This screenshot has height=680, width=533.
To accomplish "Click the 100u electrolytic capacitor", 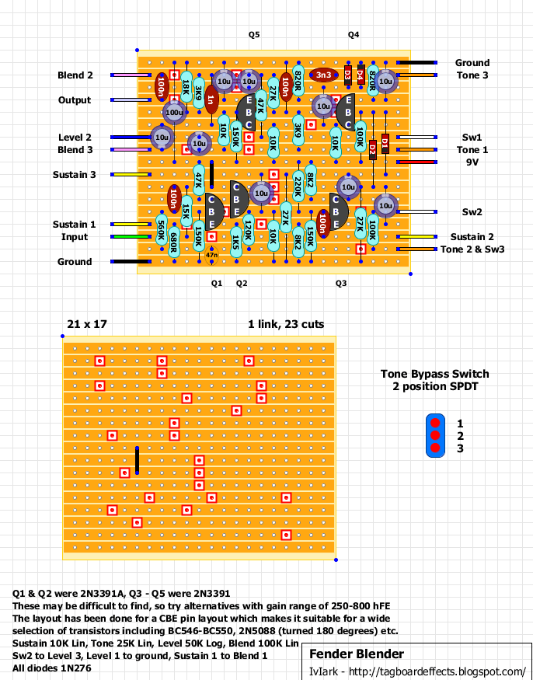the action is coord(174,113).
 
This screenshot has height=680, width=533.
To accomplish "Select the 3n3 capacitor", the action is coord(323,75).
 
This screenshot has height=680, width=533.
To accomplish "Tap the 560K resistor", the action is coord(162,231).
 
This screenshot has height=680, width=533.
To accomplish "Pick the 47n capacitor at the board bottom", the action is coord(211,256).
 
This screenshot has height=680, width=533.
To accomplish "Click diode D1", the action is coord(385,144).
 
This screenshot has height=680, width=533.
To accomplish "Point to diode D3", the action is coord(348,75).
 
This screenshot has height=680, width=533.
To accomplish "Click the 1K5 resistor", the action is coord(236,242).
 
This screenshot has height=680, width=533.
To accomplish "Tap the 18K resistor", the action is coord(186,87).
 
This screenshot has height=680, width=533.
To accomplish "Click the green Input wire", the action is coord(131,237).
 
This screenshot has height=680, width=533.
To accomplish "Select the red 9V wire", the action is coord(416,162).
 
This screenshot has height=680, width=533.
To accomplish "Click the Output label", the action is coord(75,100).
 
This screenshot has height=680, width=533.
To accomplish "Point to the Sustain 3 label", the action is coord(74,175).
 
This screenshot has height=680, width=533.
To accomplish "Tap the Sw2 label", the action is coord(472,212).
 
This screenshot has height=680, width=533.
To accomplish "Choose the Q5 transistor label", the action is coord(254,35).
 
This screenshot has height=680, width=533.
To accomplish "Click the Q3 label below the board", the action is coord(341,284).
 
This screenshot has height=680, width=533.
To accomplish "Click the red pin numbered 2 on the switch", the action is coord(435,435).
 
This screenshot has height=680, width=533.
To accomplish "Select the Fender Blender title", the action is coord(357,654).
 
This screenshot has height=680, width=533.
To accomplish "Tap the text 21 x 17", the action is coord(87,324).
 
